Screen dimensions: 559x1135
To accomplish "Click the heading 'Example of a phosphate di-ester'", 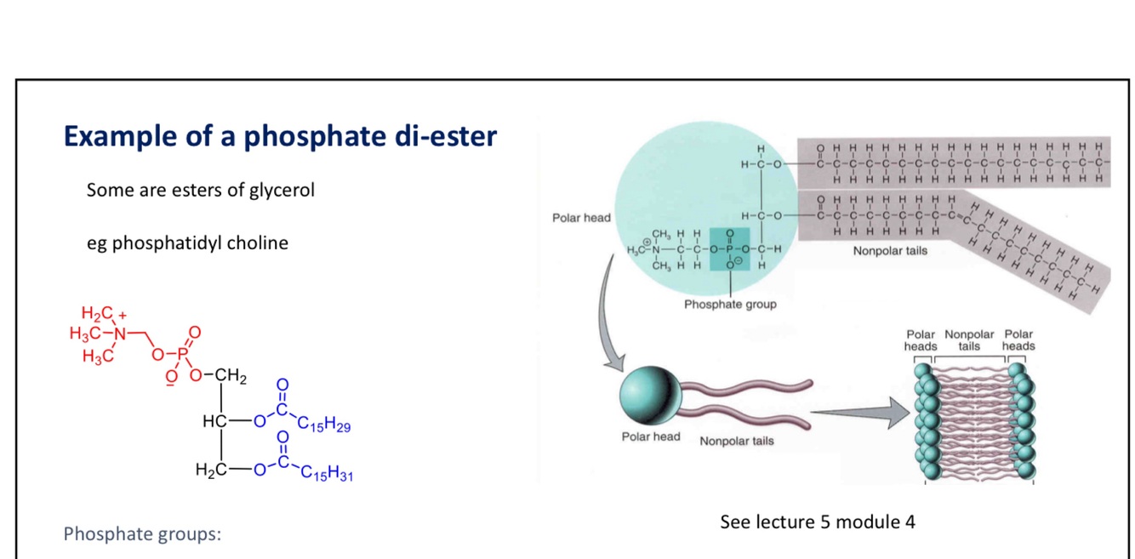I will click(x=280, y=136).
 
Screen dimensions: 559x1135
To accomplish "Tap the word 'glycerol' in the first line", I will click(x=282, y=190).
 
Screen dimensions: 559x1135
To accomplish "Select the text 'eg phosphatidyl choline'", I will click(x=187, y=243).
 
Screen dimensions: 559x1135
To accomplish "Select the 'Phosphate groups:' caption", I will click(x=142, y=534).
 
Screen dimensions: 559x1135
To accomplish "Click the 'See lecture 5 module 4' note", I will click(x=817, y=522).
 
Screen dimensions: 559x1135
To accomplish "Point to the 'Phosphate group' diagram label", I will click(x=730, y=304).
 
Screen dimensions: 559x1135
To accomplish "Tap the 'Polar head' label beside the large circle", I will click(x=581, y=218).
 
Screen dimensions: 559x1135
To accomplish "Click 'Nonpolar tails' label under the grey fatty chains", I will click(x=890, y=251).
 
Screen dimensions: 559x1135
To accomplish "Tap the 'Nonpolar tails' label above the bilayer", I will click(x=969, y=340).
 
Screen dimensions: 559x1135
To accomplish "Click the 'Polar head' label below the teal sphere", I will click(x=651, y=436).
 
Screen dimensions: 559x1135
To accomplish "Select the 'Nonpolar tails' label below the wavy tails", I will click(x=737, y=441).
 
